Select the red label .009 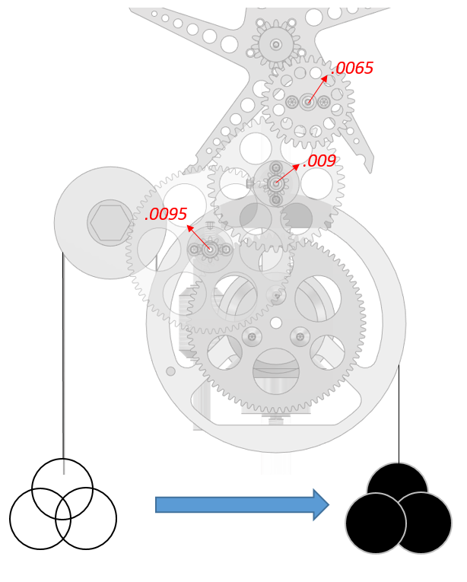tap(319, 161)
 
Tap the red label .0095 tap(166, 215)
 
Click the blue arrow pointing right tap(242, 504)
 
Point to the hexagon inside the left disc tap(111, 223)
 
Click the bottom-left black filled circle tap(375, 523)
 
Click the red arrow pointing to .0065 tap(318, 87)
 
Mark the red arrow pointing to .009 tap(288, 173)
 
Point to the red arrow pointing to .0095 tap(198, 236)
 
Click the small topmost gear tap(275, 44)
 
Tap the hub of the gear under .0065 tap(307, 101)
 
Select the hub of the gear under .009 tap(276, 183)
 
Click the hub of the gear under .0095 tap(210, 249)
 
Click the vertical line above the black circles tap(399, 415)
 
